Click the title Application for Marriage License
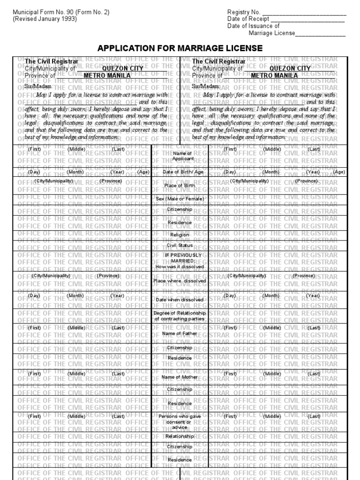(x=180, y=49)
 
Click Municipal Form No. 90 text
(x=61, y=12)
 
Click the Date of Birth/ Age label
(x=180, y=172)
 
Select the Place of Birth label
(x=180, y=186)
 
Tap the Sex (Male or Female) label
(x=180, y=199)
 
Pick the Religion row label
(x=180, y=234)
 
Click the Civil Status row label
(x=180, y=245)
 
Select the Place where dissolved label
(x=180, y=281)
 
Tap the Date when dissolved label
(x=180, y=299)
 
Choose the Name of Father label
(x=180, y=333)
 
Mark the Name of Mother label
(x=180, y=377)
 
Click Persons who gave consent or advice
(x=180, y=421)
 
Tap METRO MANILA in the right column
(x=274, y=75)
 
